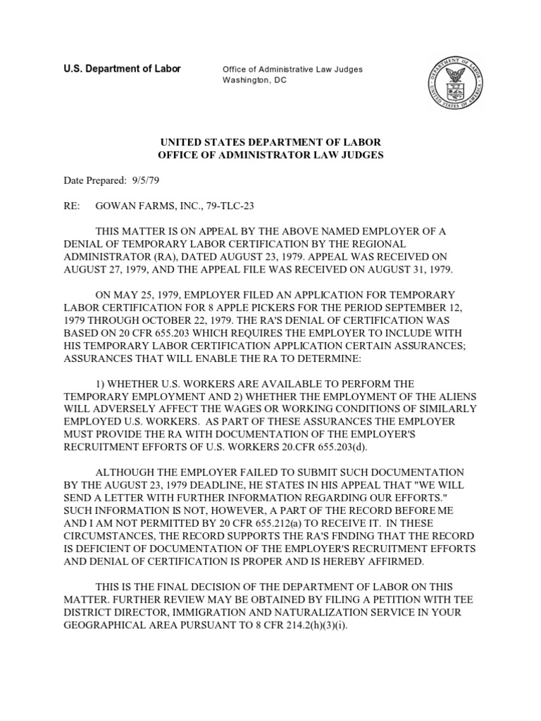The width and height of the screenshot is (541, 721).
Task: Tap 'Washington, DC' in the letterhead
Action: (254, 81)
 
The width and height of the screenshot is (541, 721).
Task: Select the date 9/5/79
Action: (144, 181)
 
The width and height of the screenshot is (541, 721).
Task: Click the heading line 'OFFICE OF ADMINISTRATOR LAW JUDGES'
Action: (271, 155)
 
